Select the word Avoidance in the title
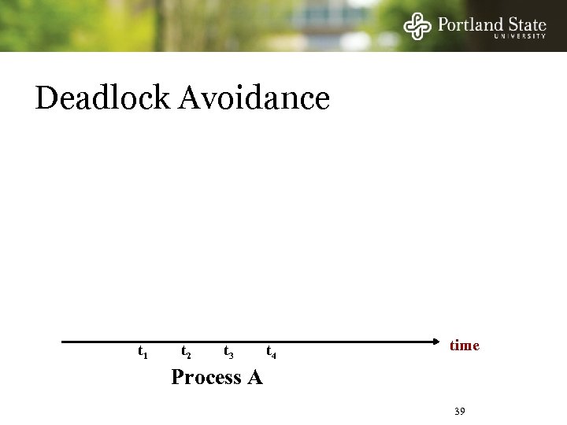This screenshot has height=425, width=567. (254, 98)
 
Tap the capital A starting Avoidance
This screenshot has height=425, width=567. (191, 98)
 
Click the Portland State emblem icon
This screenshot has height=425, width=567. (418, 25)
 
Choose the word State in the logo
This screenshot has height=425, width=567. (524, 24)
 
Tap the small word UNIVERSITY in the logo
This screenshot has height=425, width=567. (520, 36)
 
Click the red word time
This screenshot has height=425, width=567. (464, 346)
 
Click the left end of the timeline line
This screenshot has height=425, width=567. (63, 342)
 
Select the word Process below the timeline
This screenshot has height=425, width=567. (206, 378)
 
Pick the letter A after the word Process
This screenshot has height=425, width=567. (254, 378)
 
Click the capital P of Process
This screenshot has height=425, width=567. (178, 378)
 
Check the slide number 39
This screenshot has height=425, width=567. (461, 412)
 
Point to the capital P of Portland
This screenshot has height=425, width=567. (443, 24)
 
